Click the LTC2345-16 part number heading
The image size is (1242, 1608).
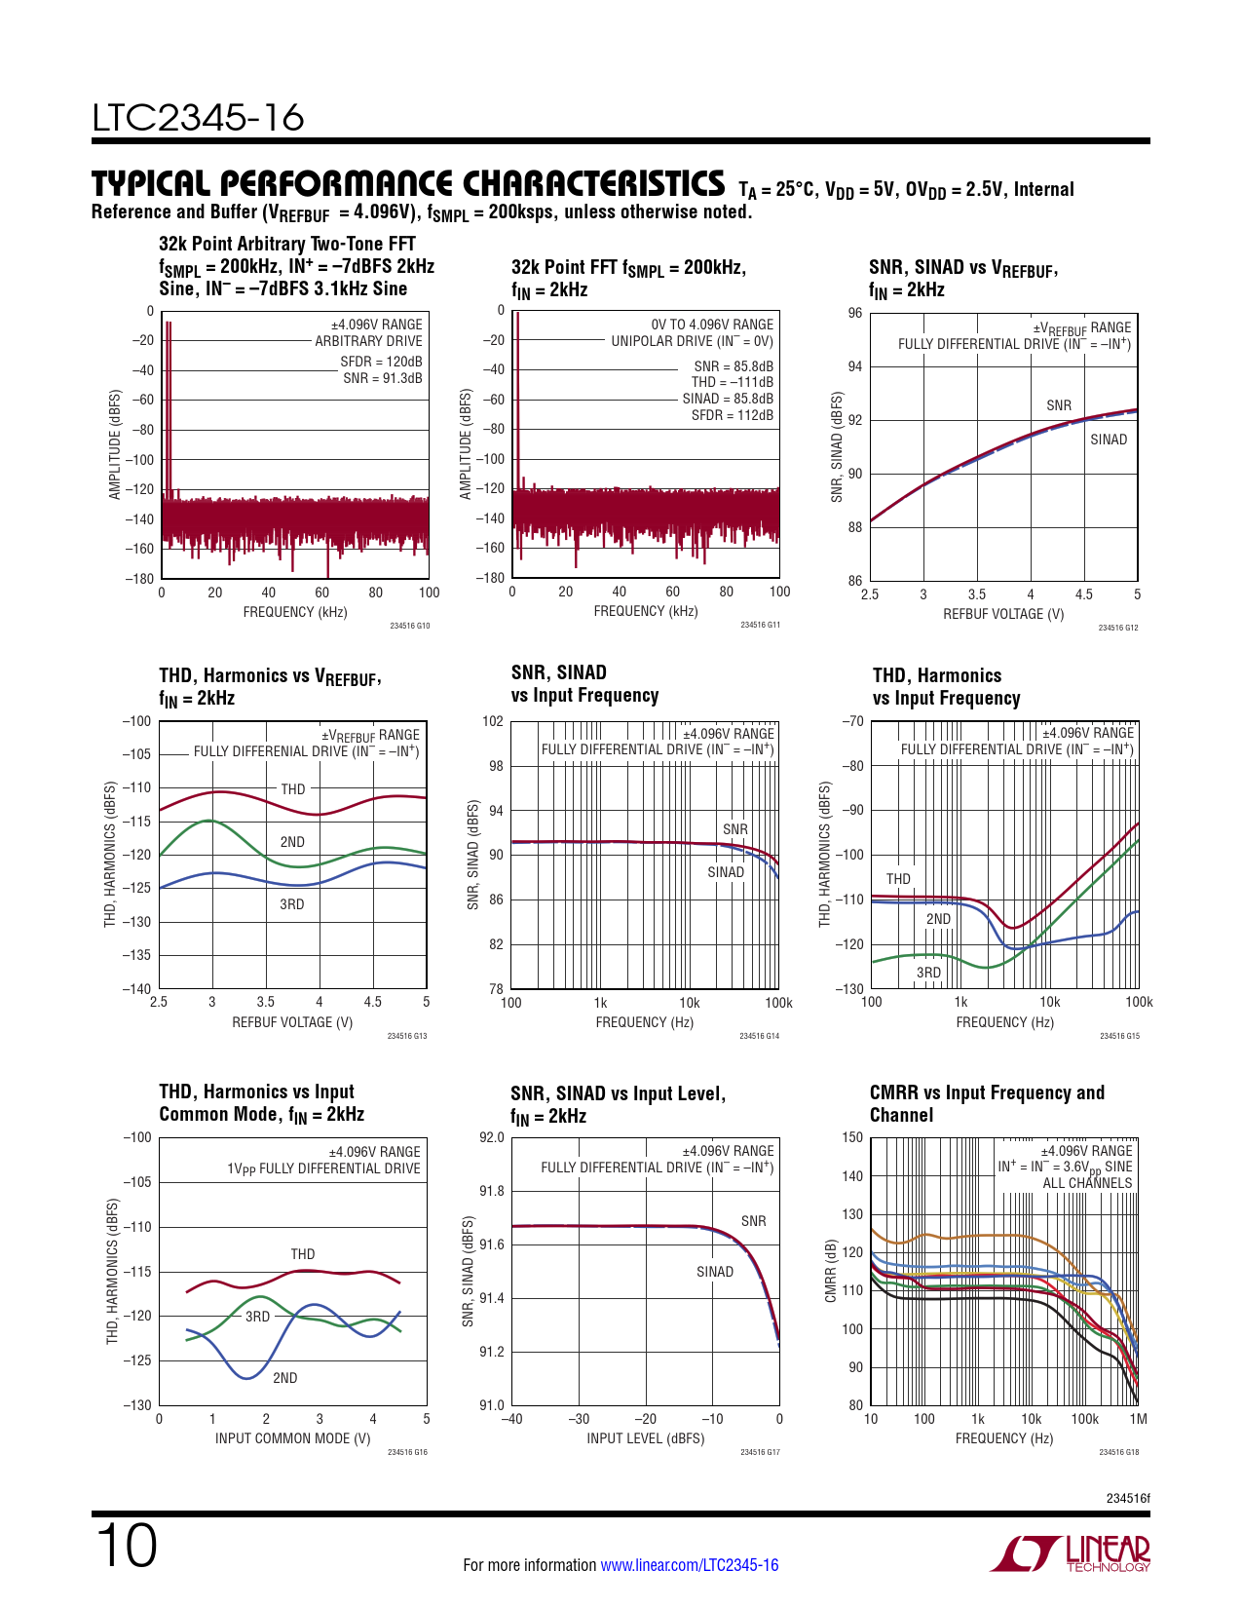(x=198, y=118)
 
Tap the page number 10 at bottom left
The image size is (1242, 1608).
(x=126, y=1547)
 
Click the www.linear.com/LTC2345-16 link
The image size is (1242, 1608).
(x=689, y=1565)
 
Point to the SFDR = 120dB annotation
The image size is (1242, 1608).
(x=381, y=362)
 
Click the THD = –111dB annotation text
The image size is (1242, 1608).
(x=733, y=382)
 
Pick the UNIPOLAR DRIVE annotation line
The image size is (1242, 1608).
(x=692, y=341)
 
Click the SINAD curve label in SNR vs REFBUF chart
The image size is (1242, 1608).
(x=1108, y=440)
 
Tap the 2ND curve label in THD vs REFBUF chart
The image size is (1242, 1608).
(x=292, y=842)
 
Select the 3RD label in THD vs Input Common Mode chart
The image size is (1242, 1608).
(x=257, y=1317)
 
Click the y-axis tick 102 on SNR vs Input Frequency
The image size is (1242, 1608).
(x=493, y=722)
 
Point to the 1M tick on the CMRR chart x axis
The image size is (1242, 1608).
(x=1138, y=1419)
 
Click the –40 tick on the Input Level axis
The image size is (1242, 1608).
(x=511, y=1419)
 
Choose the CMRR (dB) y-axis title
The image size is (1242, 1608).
(x=831, y=1271)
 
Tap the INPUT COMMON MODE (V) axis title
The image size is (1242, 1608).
(x=292, y=1438)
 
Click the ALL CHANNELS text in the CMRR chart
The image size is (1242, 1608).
(x=1087, y=1183)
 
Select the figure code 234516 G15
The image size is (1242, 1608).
(x=1119, y=1036)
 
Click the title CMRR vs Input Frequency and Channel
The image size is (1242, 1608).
(x=987, y=1103)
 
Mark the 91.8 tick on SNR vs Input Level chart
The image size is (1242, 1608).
(x=491, y=1191)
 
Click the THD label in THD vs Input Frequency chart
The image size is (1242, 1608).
(x=898, y=879)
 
